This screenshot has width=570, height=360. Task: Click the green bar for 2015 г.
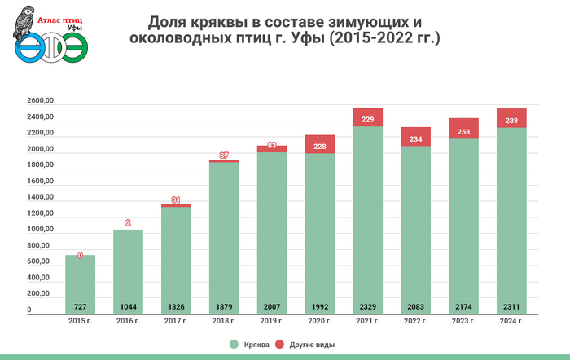[x=80, y=281]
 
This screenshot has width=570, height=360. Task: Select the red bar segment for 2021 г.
[x=368, y=117]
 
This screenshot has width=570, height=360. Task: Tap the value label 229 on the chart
[x=368, y=121]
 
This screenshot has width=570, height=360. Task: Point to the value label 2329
[x=368, y=308]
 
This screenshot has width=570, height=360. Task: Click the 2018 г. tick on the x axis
[x=224, y=323]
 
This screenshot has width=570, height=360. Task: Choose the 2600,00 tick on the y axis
[x=40, y=102]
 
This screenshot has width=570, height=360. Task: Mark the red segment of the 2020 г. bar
[x=320, y=145]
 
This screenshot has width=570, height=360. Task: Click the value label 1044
[x=128, y=308]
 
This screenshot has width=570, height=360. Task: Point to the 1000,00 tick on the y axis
[x=40, y=230]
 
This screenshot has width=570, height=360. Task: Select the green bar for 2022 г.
[x=416, y=228]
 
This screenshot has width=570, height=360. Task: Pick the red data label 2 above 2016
[x=128, y=222]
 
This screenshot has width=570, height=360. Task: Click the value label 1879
[x=224, y=308]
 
